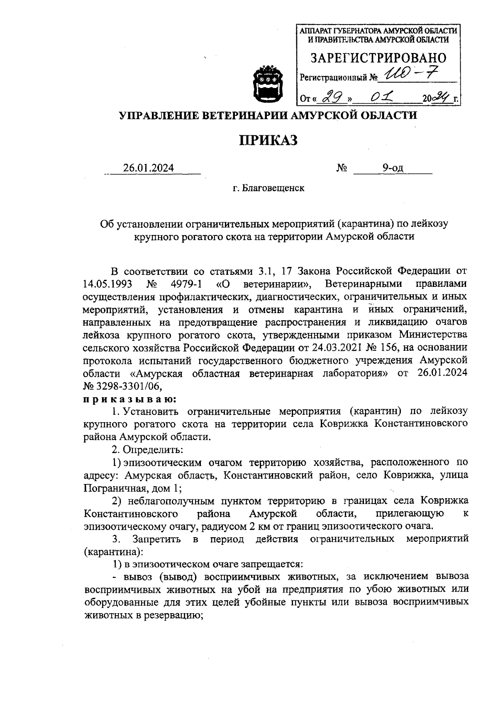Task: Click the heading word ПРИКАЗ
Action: click(x=268, y=140)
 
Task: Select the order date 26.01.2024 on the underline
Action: click(x=148, y=168)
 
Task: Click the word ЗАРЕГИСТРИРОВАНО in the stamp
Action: click(x=378, y=58)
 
